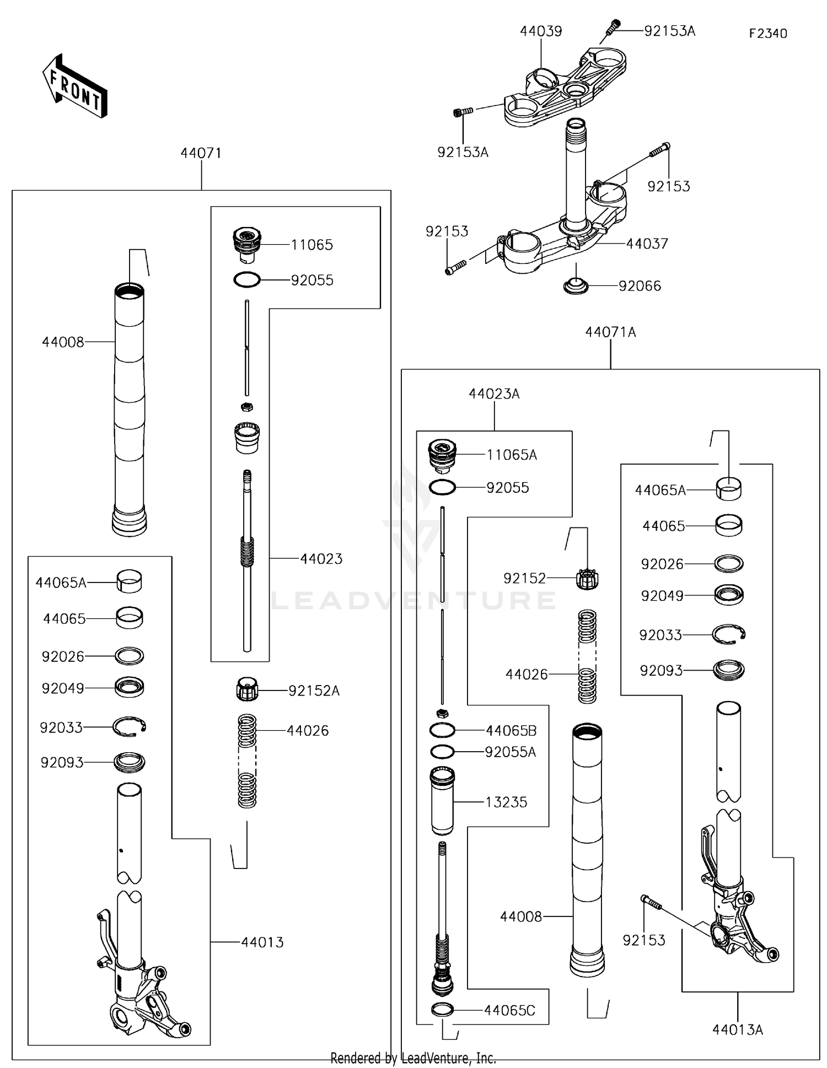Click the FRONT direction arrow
point(74,87)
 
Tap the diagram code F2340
point(768,34)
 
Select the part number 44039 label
point(541,31)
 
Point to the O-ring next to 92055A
point(442,752)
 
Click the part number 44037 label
point(647,244)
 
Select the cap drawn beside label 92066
point(576,286)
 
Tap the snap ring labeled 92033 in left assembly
point(129,727)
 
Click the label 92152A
point(314,691)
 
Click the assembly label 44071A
point(610,332)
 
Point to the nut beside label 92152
point(587,579)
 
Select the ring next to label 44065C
point(442,1010)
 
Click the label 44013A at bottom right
point(738,1029)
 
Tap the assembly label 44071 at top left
point(201,153)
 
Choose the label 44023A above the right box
point(494,394)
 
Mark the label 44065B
point(511,731)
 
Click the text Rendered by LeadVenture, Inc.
point(413,1058)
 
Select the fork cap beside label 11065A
point(442,455)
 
